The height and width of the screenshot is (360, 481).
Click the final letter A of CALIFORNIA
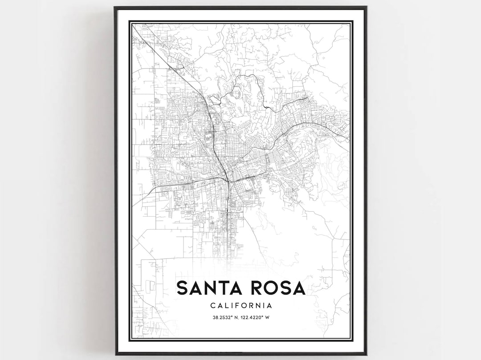[269, 305]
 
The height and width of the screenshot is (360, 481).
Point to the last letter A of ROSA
[299, 288]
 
